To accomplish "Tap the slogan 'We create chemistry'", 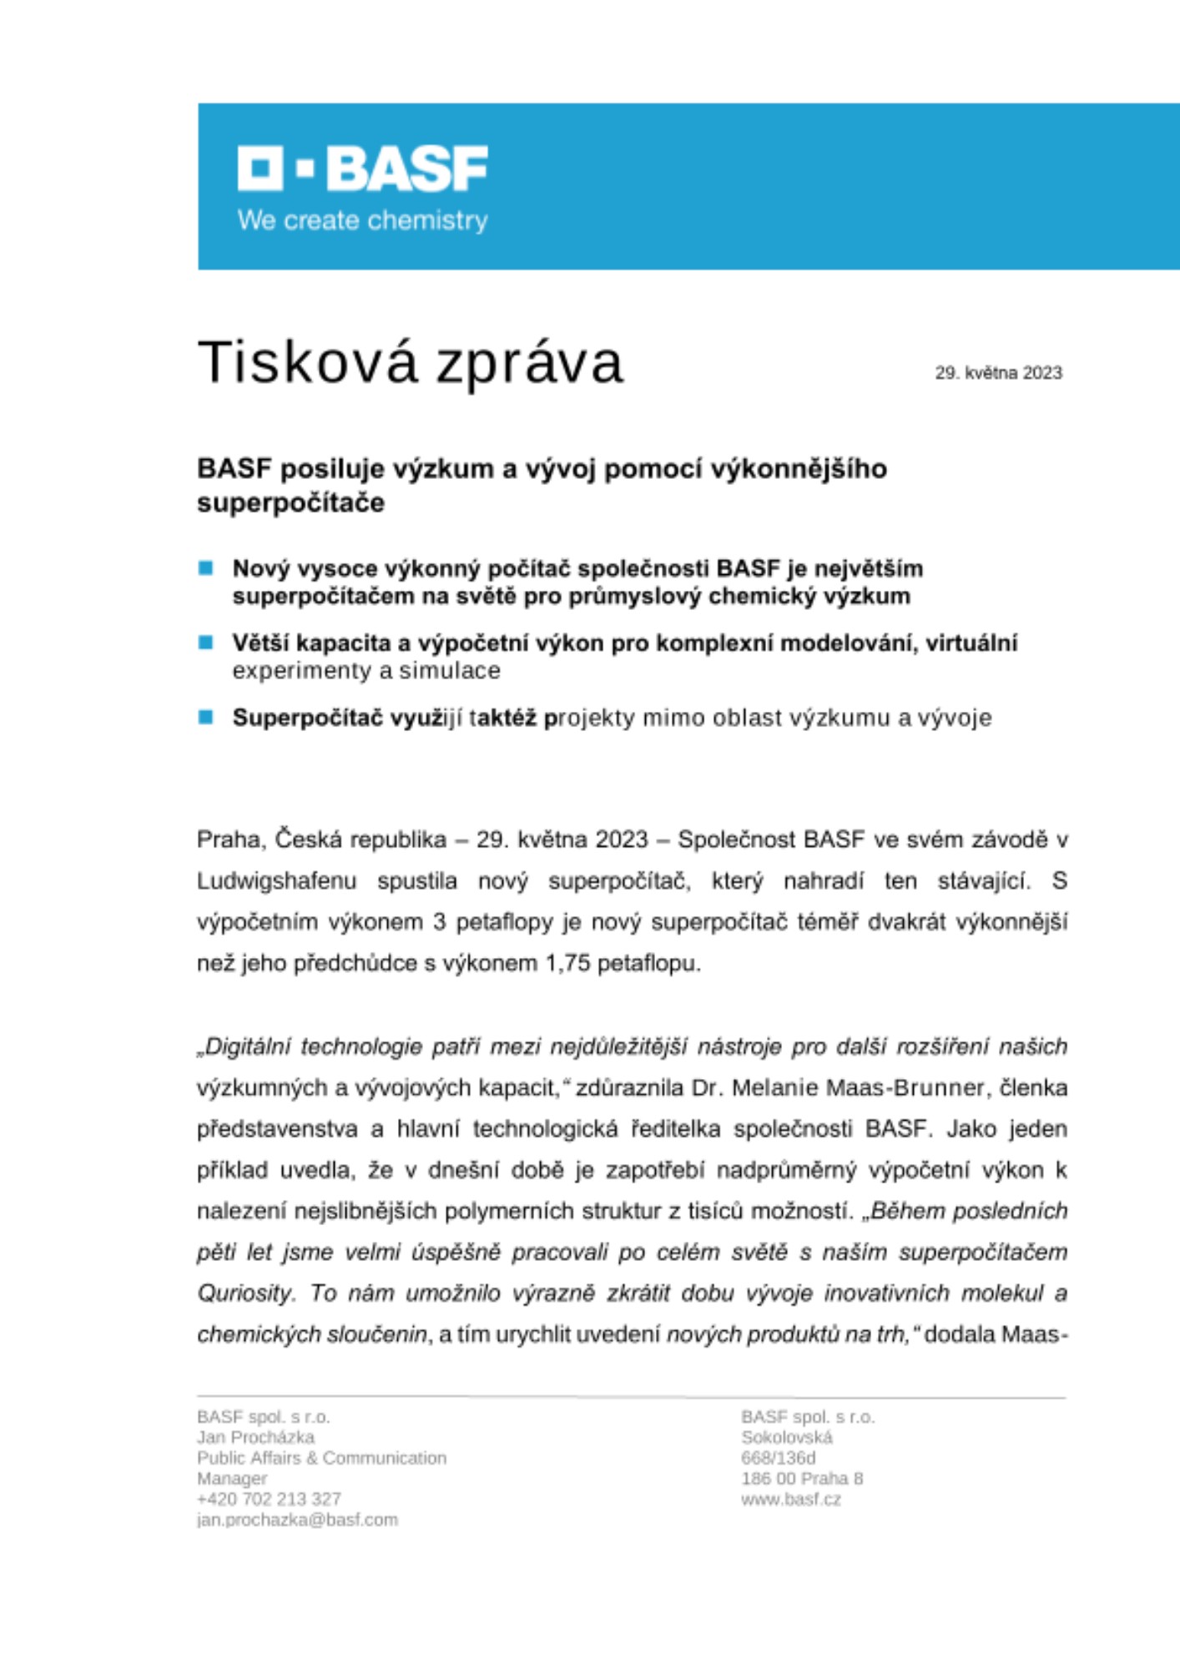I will point(362,220).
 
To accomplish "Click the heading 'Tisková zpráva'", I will point(410,363).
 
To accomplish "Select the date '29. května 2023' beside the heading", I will point(998,373).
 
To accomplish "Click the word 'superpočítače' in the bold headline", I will point(290,503).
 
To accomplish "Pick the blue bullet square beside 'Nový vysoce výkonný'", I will point(206,568).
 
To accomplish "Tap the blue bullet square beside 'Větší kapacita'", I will point(206,643).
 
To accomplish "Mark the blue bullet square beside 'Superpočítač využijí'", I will point(206,717).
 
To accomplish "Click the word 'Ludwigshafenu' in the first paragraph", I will point(276,881).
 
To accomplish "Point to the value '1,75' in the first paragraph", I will point(567,964).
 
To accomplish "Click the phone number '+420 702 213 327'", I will point(269,1499).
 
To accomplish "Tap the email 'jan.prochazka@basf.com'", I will point(297,1520).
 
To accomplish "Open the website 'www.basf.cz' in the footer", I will point(790,1499).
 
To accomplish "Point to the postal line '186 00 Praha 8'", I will point(801,1479).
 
